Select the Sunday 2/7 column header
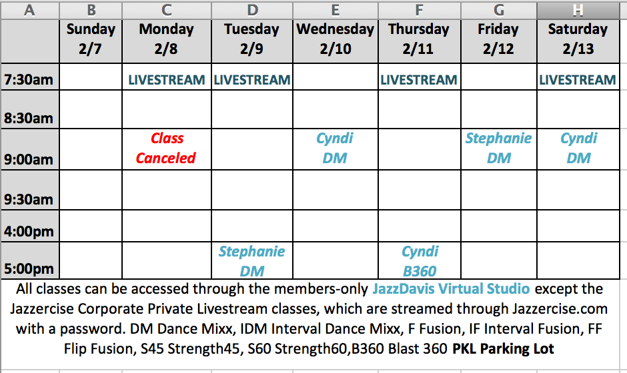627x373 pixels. (91, 39)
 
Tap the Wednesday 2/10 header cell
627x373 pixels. (335, 39)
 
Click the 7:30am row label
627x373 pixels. (29, 79)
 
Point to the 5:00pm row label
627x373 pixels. (29, 268)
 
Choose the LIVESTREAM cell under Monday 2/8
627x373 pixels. (166, 80)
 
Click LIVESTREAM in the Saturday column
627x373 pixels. (578, 80)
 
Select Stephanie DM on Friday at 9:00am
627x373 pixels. (499, 148)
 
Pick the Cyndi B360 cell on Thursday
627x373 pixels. (420, 261)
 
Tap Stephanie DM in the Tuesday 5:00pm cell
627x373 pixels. (252, 261)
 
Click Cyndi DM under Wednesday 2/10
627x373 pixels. (335, 148)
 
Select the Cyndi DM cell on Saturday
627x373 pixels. (578, 148)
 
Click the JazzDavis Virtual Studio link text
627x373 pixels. (451, 288)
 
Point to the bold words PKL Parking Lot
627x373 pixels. (503, 348)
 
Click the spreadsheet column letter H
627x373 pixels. (578, 10)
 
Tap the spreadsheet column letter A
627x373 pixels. (29, 10)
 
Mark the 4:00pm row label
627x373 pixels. (29, 231)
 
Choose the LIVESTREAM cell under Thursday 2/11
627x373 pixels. (419, 80)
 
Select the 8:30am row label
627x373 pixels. (29, 118)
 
